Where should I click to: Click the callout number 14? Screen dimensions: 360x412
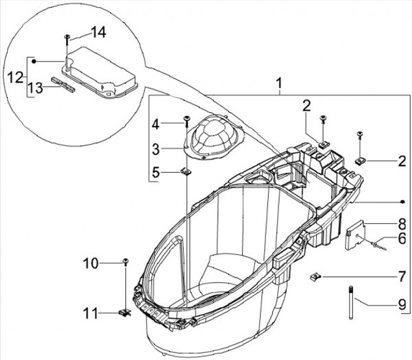98,33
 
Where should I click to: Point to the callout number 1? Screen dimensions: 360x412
279,84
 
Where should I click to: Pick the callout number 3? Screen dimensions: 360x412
156,148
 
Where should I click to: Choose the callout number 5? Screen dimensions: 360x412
156,171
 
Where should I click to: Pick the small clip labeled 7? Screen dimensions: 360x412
315,278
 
